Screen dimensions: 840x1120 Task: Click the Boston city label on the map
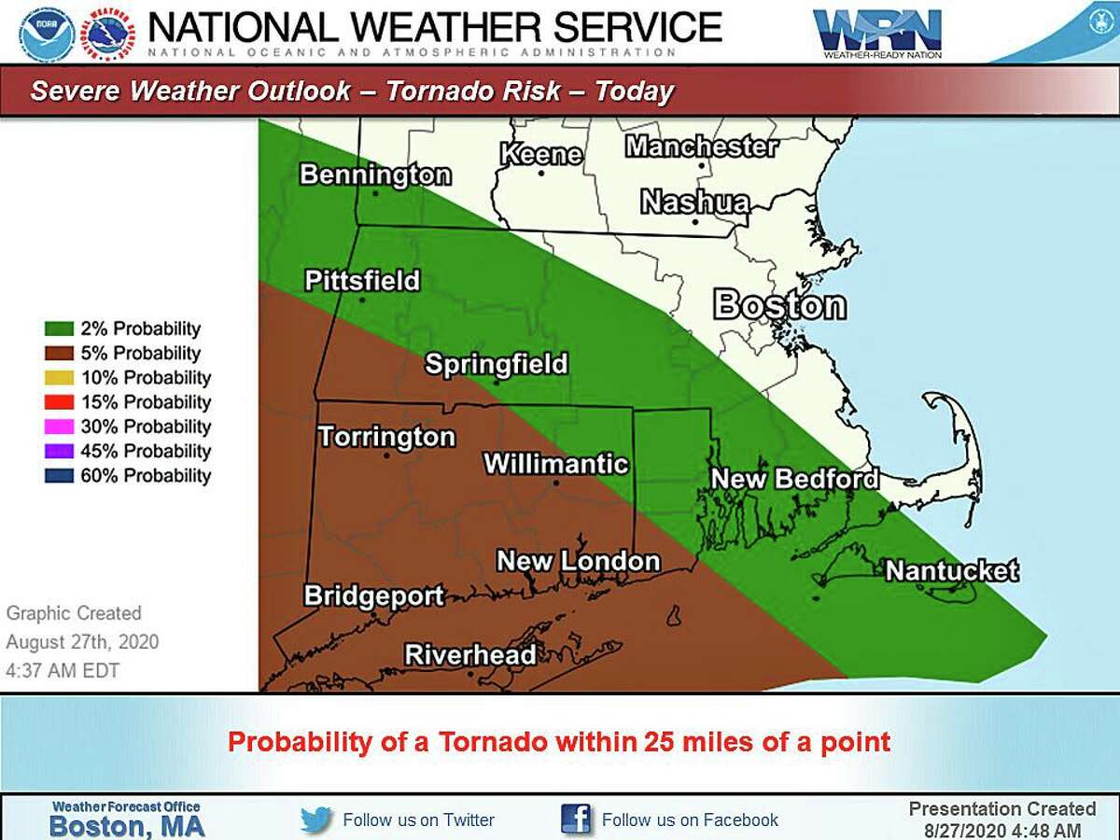coord(779,305)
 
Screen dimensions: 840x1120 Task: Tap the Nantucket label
coord(951,570)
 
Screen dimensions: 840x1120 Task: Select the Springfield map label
coord(496,363)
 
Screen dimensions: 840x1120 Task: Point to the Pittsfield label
coord(362,281)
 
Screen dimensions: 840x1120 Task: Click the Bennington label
coord(375,175)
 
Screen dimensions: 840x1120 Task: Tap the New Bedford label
coord(794,479)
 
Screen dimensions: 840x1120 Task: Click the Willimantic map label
coord(555,463)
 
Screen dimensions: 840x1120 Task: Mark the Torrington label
coord(386,437)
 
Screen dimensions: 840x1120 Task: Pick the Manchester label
coord(701,147)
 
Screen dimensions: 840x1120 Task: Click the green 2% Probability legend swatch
coord(58,329)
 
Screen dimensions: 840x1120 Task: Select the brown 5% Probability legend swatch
coord(58,354)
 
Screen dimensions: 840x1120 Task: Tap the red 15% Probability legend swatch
coord(58,402)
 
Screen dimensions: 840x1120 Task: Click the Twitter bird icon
coord(316,820)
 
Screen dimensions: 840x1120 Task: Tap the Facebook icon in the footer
coord(576,819)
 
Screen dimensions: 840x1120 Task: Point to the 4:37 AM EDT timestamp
coord(63,670)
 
